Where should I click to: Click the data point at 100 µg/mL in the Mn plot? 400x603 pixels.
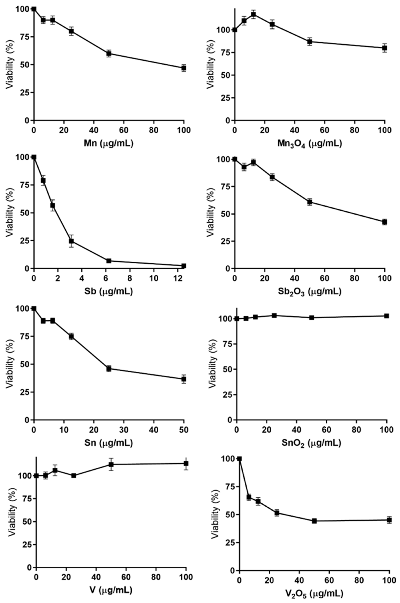pyautogui.click(x=184, y=68)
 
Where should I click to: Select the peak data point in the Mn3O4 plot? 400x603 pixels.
pyautogui.click(x=253, y=14)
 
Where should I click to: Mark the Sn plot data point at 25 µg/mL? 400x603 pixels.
pyautogui.click(x=109, y=369)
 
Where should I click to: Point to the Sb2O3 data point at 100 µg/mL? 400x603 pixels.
pyautogui.click(x=384, y=222)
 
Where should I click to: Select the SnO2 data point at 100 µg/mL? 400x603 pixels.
pyautogui.click(x=386, y=316)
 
